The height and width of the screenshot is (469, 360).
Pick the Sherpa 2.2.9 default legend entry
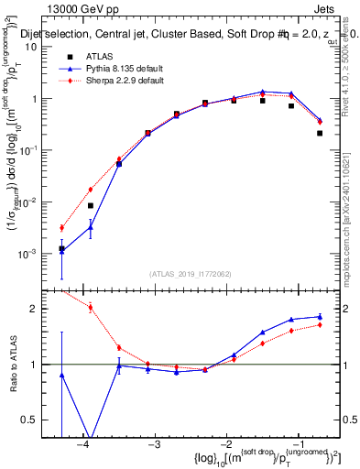(x=126, y=81)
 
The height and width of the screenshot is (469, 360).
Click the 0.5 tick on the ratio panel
(x=38, y=420)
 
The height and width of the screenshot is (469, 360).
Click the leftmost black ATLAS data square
(x=61, y=248)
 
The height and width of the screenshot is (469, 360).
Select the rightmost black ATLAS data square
(x=320, y=133)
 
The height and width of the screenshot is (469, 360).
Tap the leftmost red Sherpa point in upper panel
(x=61, y=228)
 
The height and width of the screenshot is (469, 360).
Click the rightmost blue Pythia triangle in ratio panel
(x=320, y=317)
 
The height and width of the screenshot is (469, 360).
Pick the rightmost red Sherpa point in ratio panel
(x=320, y=324)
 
